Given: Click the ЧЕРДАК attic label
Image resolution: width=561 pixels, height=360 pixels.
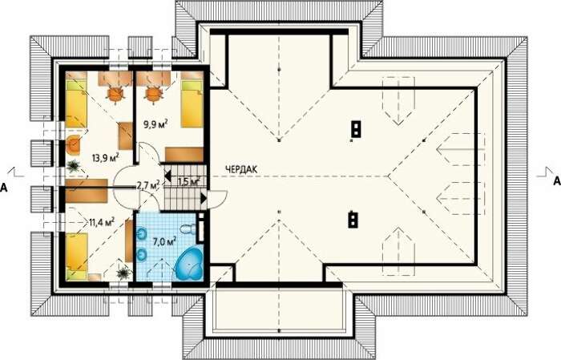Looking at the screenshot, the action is pyautogui.click(x=241, y=170).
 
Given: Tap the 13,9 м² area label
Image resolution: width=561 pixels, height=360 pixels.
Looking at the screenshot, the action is pyautogui.click(x=105, y=157).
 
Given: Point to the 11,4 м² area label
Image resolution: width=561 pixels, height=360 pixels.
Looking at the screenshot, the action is pyautogui.click(x=101, y=222).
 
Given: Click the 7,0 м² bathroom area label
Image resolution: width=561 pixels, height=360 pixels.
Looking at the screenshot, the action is pyautogui.click(x=164, y=241).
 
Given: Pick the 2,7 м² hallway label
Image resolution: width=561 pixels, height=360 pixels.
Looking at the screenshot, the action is pyautogui.click(x=148, y=185).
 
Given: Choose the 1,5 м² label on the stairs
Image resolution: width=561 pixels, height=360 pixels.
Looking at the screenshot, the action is pyautogui.click(x=188, y=181).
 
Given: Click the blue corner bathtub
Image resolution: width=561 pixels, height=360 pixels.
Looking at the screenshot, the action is pyautogui.click(x=188, y=263).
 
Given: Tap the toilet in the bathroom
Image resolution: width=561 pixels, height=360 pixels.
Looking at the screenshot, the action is pyautogui.click(x=188, y=229).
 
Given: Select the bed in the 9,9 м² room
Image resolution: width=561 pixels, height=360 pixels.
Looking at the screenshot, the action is pyautogui.click(x=192, y=99).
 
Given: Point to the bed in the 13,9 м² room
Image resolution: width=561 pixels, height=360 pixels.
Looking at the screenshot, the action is pyautogui.click(x=76, y=99).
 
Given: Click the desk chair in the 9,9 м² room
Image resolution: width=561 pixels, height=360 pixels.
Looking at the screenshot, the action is pyautogui.click(x=154, y=94).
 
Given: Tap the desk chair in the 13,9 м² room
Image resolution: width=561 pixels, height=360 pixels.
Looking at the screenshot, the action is pyautogui.click(x=115, y=94).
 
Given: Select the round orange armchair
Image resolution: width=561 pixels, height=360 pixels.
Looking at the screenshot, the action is pyautogui.click(x=74, y=144).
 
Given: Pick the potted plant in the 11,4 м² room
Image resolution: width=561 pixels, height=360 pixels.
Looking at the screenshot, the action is pyautogui.click(x=123, y=273).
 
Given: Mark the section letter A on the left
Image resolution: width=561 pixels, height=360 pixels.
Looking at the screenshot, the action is pyautogui.click(x=3, y=187).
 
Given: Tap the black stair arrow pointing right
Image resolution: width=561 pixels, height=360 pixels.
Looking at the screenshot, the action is pyautogui.click(x=204, y=199).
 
